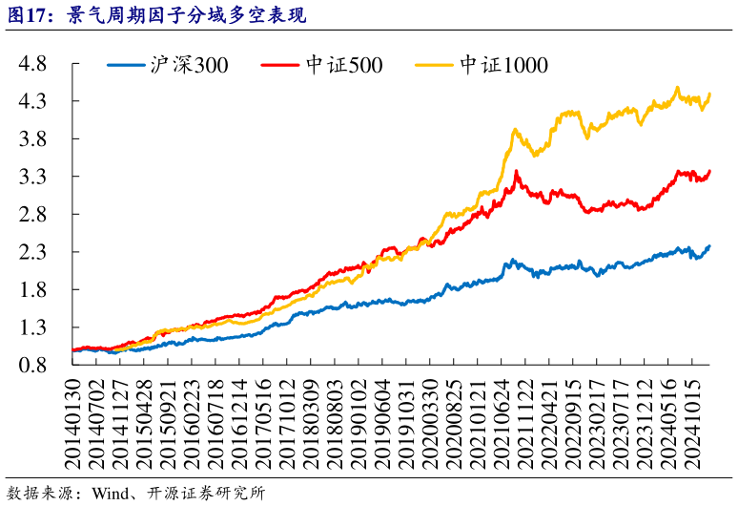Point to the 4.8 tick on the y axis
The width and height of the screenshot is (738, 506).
tap(34, 64)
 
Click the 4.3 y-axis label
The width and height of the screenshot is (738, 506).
tap(34, 101)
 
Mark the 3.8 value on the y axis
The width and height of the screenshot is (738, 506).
tap(34, 139)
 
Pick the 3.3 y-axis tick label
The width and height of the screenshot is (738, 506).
tap(34, 177)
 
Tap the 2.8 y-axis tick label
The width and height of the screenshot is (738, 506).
tap(34, 215)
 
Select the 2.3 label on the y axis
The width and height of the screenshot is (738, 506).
tap(34, 252)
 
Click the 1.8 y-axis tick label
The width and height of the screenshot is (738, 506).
tap(34, 290)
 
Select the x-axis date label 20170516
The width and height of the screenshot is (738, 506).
tap(260, 421)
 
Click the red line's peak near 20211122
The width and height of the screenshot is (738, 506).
tap(516, 172)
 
